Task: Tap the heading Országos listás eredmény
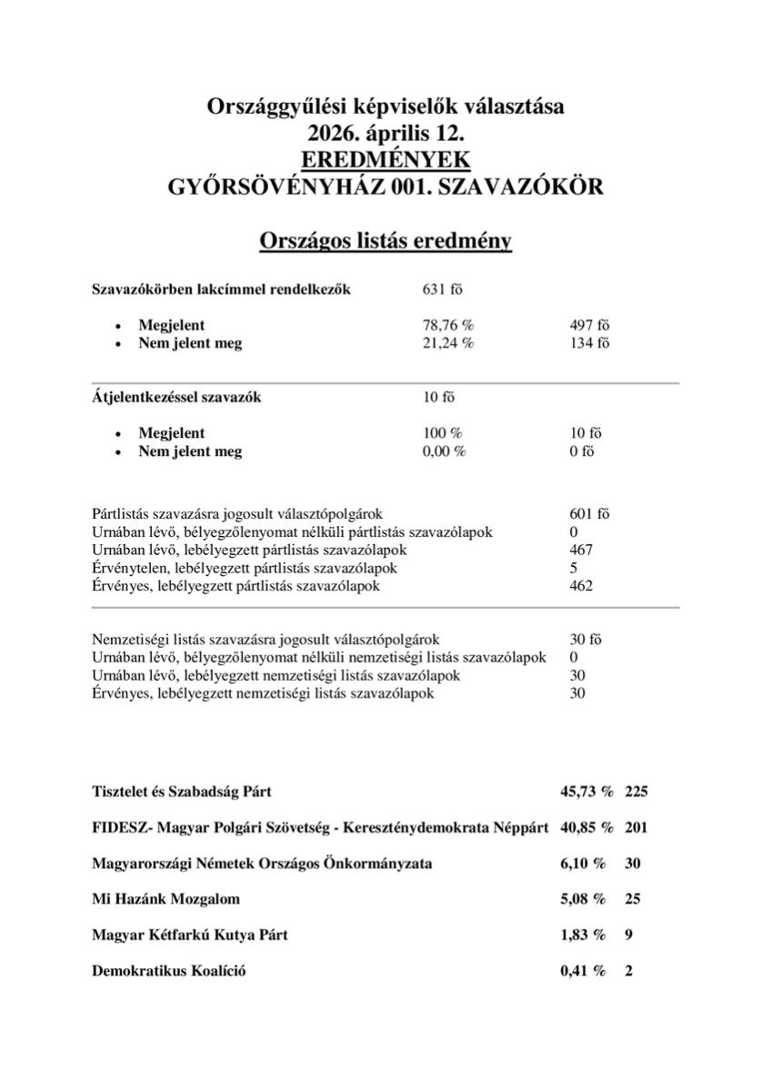[x=386, y=241]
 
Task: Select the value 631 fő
[x=443, y=289]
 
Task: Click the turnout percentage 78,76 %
[x=448, y=325]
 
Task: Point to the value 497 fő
[x=589, y=325]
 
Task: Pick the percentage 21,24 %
[x=448, y=343]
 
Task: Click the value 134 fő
[x=589, y=343]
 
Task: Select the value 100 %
[x=442, y=433]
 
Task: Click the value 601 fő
[x=589, y=514]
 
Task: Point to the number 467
[x=581, y=550]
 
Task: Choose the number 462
[x=581, y=586]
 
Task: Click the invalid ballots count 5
[x=574, y=568]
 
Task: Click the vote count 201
[x=637, y=828]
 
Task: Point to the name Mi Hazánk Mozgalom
[x=166, y=899]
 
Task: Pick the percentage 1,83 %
[x=583, y=935]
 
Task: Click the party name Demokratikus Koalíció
[x=169, y=971]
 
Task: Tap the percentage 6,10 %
[x=583, y=864]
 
